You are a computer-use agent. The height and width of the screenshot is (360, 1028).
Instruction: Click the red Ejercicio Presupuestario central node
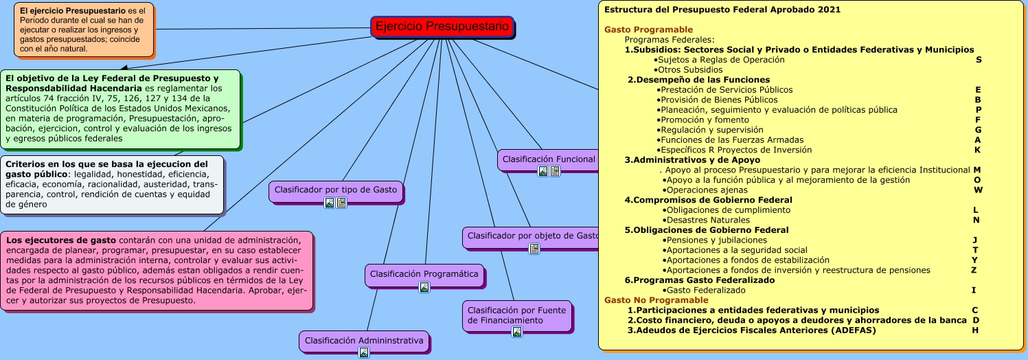442,27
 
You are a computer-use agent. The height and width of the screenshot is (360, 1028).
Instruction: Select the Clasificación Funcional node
548,159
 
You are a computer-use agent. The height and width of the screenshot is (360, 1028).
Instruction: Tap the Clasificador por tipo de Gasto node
336,190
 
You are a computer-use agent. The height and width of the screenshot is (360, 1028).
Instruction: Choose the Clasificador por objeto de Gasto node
532,236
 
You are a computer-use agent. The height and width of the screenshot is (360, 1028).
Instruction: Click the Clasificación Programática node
424,273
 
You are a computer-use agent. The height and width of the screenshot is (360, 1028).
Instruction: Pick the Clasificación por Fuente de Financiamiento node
516,315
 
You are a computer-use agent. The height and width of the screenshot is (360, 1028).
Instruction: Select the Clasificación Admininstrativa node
364,340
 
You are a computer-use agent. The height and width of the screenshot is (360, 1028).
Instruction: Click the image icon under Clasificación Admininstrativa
364,352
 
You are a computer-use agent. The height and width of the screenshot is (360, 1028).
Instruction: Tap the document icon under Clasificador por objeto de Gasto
534,249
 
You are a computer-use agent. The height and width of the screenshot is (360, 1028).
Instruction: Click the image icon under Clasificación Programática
424,287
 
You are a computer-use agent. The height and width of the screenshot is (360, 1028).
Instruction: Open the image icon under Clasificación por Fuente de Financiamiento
517,332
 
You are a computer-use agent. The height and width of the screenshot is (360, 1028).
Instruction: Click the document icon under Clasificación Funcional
555,172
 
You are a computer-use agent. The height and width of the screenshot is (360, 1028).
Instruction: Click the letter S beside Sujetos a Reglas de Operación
979,60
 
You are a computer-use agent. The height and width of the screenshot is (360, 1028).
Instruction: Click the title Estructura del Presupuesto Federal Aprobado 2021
722,10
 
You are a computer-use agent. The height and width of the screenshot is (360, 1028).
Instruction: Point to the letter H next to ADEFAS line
975,330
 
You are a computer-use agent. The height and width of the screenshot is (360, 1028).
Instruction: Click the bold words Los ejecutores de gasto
47,240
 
